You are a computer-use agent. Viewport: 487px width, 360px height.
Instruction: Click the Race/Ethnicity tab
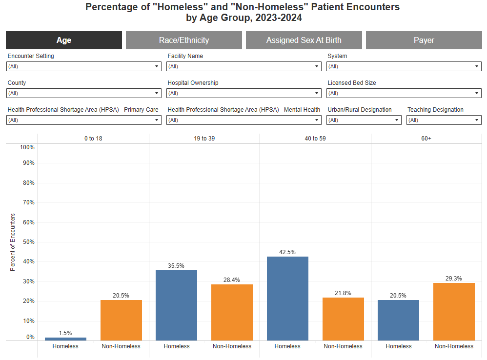(x=183, y=40)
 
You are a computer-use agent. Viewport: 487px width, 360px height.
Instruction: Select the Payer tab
(x=424, y=40)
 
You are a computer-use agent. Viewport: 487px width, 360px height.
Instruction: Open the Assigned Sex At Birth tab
(x=304, y=40)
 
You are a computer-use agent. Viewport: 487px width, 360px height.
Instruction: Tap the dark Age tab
(x=64, y=40)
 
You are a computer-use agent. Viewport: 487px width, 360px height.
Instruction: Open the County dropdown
(x=84, y=93)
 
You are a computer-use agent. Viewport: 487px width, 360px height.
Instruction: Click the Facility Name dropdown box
(x=244, y=66)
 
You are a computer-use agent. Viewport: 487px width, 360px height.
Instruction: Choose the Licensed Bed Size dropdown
(x=404, y=93)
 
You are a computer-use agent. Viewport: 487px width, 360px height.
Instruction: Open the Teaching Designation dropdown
(x=444, y=120)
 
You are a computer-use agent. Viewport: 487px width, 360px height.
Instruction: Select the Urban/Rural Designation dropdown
(x=364, y=120)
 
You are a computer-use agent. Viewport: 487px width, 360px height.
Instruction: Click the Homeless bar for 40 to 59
(x=287, y=299)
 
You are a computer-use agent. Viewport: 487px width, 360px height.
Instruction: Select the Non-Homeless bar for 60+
(x=454, y=312)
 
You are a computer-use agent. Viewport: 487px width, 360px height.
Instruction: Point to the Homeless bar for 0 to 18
(x=65, y=339)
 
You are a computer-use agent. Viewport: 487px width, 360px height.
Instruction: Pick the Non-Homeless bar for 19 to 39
(x=232, y=312)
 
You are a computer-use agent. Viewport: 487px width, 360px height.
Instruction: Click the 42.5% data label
(x=287, y=252)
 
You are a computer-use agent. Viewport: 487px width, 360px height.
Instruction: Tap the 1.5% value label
(x=65, y=333)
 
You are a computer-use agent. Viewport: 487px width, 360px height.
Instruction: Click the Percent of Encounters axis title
(x=13, y=242)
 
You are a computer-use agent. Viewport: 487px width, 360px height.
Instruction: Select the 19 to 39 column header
(x=204, y=139)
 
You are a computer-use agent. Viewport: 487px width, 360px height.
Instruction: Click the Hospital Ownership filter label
(x=193, y=83)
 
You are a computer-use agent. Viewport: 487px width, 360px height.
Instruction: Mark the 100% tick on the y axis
(x=26, y=147)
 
